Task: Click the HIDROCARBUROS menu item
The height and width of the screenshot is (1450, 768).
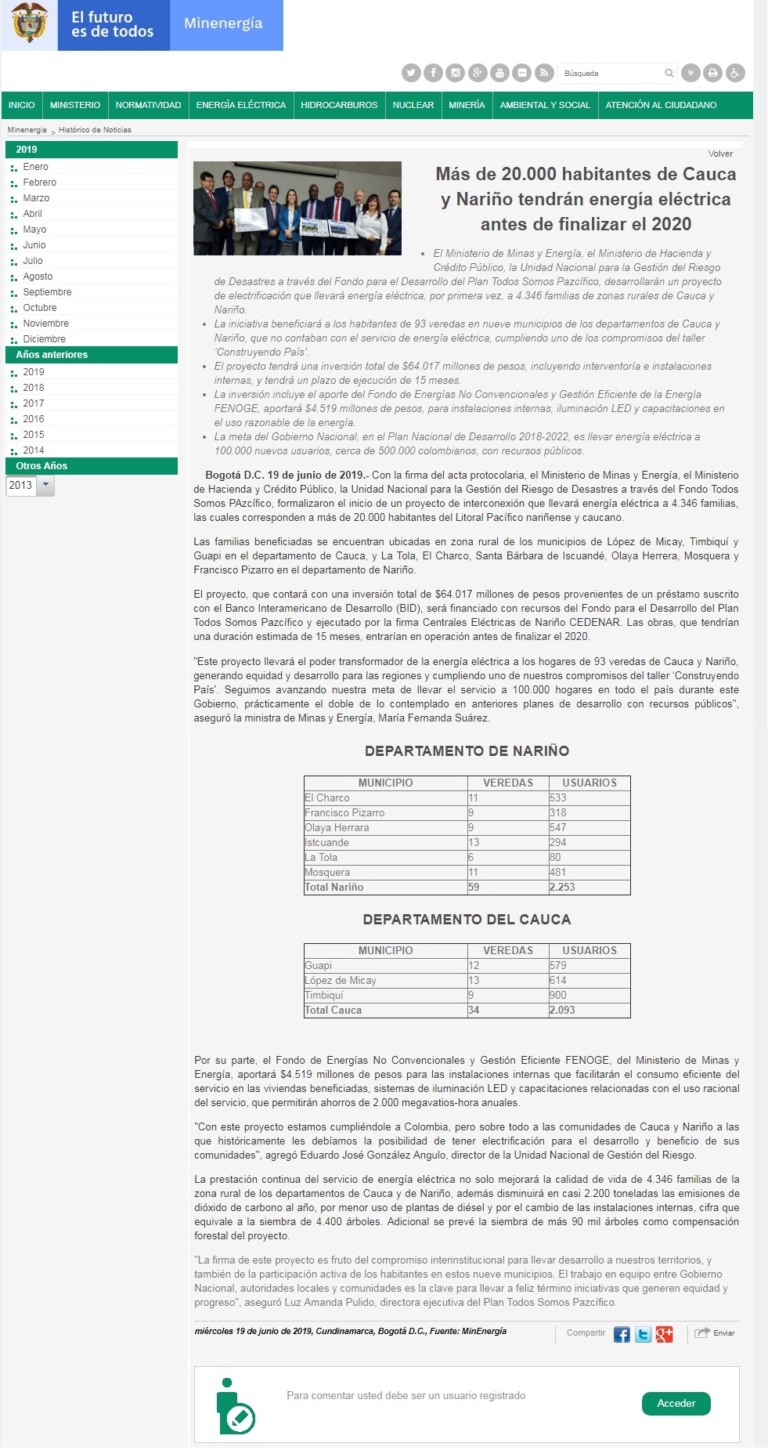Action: [339, 105]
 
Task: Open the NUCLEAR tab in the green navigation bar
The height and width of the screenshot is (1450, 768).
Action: [413, 105]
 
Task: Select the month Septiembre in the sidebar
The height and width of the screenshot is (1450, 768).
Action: [47, 292]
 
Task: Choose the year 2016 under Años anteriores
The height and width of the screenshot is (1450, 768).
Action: [34, 419]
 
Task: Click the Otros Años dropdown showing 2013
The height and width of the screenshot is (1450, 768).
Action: [30, 486]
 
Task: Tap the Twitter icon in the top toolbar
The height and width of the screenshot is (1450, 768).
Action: [411, 73]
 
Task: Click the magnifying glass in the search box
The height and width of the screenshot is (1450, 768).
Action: [669, 73]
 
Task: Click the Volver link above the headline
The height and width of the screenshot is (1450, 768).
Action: [720, 154]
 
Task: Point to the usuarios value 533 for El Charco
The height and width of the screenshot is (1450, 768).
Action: [558, 797]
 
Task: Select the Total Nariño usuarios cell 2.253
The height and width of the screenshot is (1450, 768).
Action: [562, 887]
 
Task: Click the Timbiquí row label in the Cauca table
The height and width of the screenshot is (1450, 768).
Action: [324, 995]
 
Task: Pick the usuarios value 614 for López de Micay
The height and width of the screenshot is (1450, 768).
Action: [558, 980]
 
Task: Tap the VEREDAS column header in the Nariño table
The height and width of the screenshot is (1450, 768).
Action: [508, 783]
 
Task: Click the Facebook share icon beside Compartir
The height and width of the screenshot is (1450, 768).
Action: [622, 1335]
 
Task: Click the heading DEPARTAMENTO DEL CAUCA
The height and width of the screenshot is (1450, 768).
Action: [467, 919]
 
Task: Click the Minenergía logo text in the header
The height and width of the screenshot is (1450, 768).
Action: [223, 24]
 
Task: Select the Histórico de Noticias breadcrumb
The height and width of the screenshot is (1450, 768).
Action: [95, 130]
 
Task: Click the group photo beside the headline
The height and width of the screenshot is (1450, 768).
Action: [297, 208]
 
